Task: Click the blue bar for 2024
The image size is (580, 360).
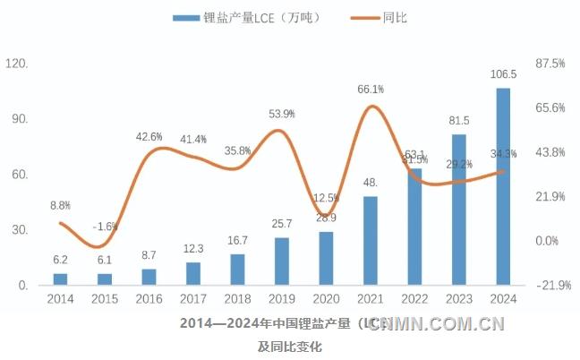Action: [504, 186]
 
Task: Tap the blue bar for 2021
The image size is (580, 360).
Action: [370, 241]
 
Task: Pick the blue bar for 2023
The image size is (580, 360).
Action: [459, 210]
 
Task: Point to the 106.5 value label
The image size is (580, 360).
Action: [504, 74]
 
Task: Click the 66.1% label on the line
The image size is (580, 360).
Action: [371, 89]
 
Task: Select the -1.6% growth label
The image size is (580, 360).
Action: [105, 226]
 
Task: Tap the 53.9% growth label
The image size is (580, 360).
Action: [282, 114]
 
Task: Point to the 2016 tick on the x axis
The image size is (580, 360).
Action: [149, 300]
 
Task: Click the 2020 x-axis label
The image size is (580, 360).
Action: [326, 300]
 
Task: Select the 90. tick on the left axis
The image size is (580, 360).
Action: [18, 119]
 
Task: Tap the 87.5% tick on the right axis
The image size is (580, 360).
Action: [550, 64]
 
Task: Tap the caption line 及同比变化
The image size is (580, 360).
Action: [289, 346]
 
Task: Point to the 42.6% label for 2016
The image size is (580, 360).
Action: [149, 137]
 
